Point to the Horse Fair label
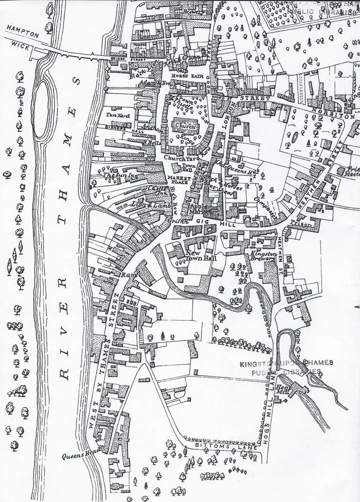click(x=182, y=75)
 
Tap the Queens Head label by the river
click(x=80, y=455)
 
